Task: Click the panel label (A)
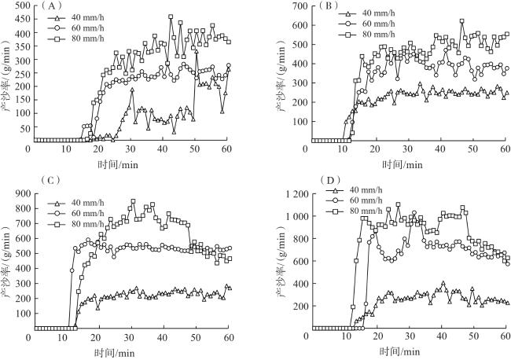click(x=53, y=7)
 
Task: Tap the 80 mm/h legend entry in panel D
click(x=365, y=222)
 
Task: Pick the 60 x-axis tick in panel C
click(x=228, y=337)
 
